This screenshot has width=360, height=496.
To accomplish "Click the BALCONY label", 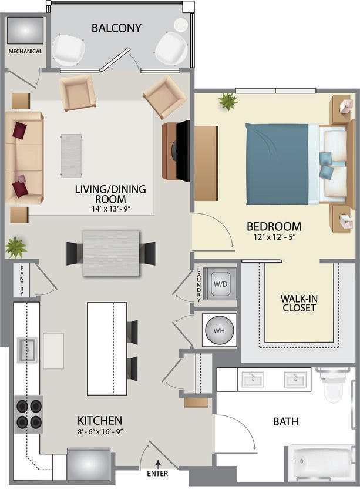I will pos(116,28).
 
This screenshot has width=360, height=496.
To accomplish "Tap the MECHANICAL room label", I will pos(25,51).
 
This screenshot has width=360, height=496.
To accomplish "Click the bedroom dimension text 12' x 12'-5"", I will pos(274,238).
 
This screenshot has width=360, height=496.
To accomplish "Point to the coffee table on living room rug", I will pos(72,155).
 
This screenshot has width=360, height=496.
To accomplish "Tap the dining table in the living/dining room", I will pos(111,253).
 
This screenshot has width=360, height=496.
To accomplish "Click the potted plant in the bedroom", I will pos(227,102).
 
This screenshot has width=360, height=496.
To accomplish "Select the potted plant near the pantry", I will pos(16,247).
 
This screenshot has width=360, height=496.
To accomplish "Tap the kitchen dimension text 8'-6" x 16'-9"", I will pos(100,433).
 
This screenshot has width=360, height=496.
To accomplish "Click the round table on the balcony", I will pos(181,25).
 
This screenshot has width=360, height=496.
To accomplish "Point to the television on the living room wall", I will pos(183,150).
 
